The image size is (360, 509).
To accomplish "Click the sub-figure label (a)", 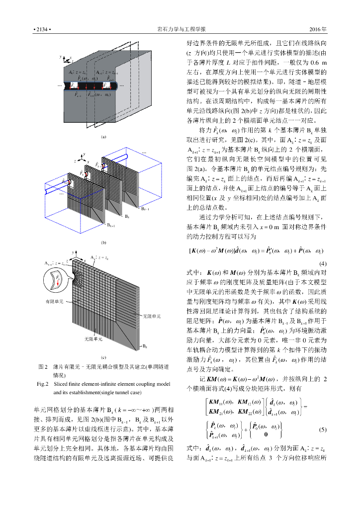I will pos(103,136).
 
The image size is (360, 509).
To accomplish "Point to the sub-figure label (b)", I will pos(103,243).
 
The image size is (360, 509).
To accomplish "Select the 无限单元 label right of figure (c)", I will pos(151,316).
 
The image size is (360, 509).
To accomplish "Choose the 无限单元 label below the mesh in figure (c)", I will pos(93,339).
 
